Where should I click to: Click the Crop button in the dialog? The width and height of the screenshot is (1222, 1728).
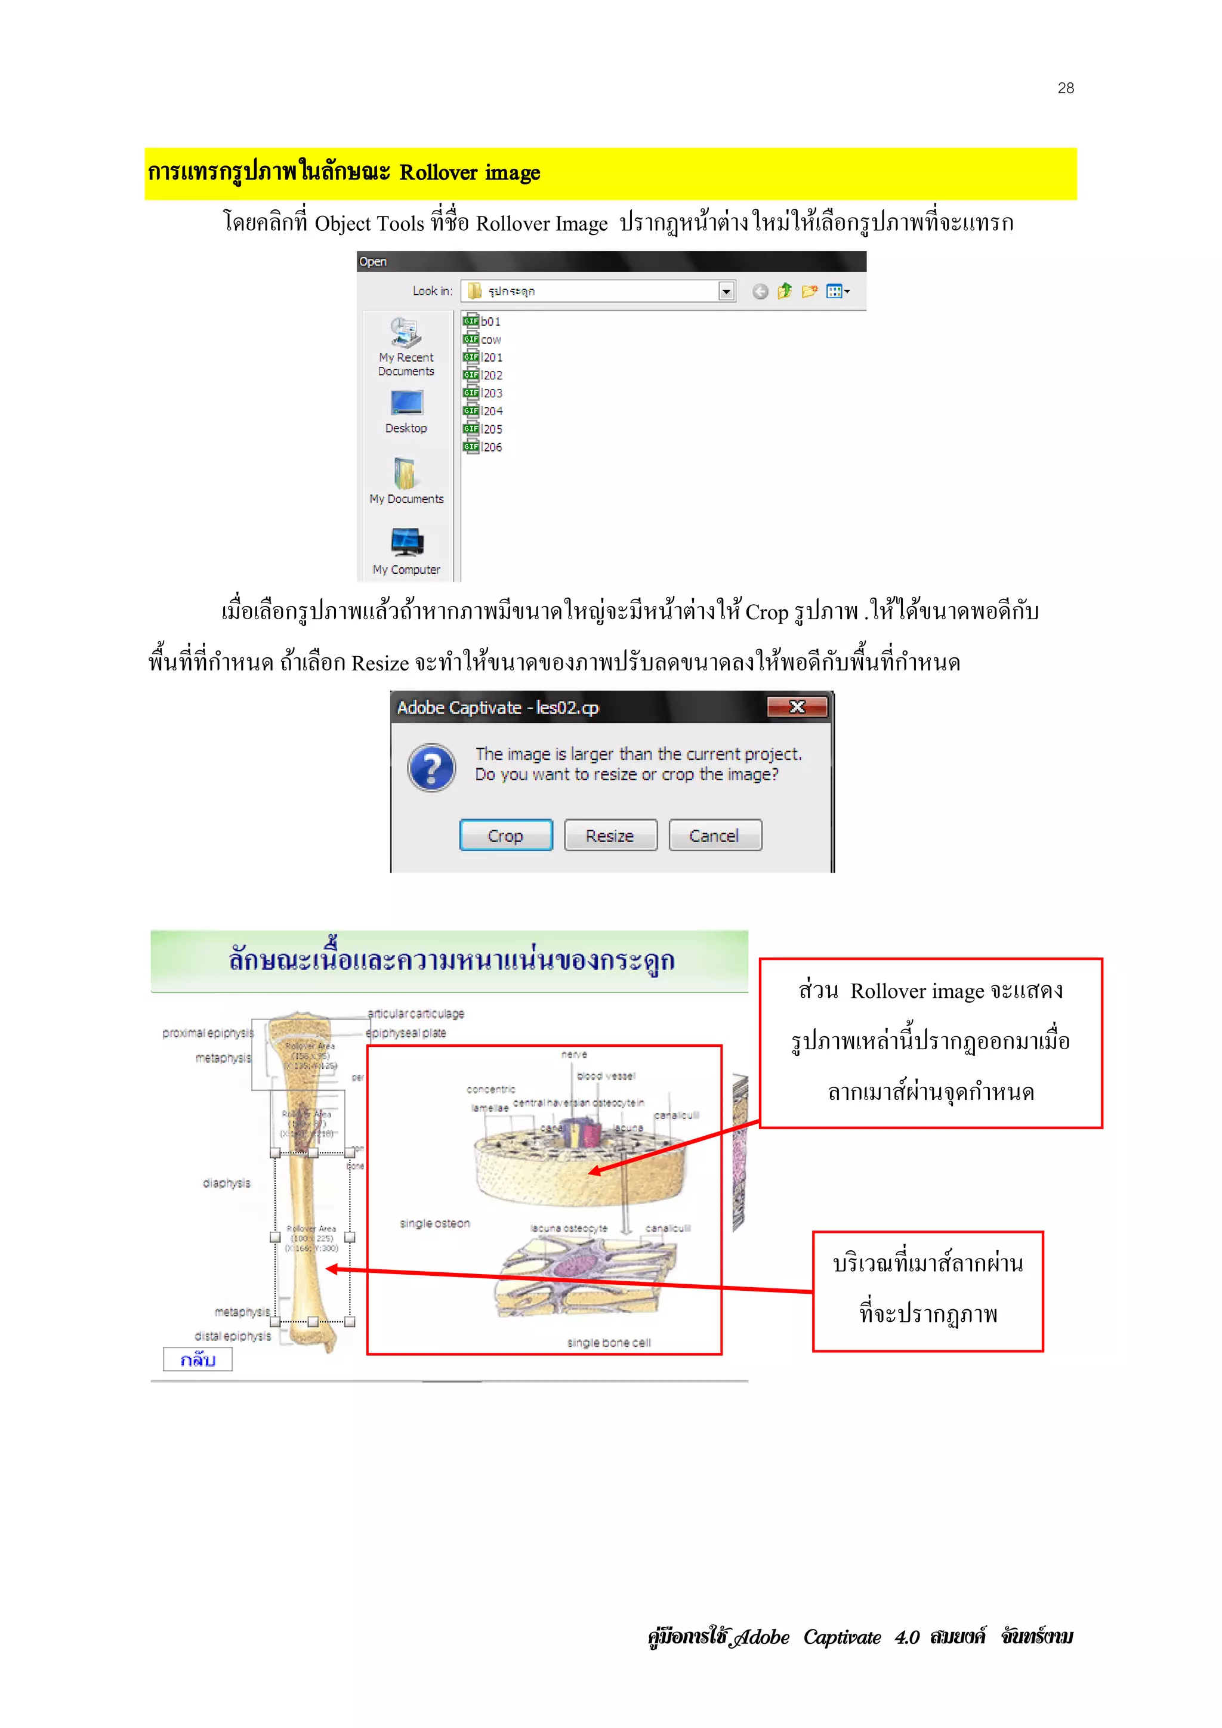(x=505, y=836)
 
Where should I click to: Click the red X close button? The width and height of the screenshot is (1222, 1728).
(x=797, y=707)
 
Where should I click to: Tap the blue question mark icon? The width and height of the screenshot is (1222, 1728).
(x=431, y=768)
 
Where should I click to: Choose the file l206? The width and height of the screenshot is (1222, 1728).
(x=492, y=447)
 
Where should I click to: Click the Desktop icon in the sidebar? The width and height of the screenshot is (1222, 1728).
(x=406, y=404)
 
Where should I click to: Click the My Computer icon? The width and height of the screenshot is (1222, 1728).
(x=406, y=542)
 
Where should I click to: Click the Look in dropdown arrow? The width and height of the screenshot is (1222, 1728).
(x=726, y=291)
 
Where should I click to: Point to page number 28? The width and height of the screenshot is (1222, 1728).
(x=1066, y=88)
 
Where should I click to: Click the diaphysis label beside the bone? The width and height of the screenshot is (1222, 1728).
(x=226, y=1183)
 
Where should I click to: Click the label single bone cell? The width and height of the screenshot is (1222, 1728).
(x=609, y=1343)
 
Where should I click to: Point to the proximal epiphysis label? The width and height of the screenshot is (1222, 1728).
(x=208, y=1033)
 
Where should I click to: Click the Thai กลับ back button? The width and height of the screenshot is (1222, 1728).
(x=198, y=1359)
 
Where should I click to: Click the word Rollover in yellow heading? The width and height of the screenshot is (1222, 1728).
(x=438, y=173)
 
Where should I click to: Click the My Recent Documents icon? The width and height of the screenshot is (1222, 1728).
(x=406, y=333)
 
